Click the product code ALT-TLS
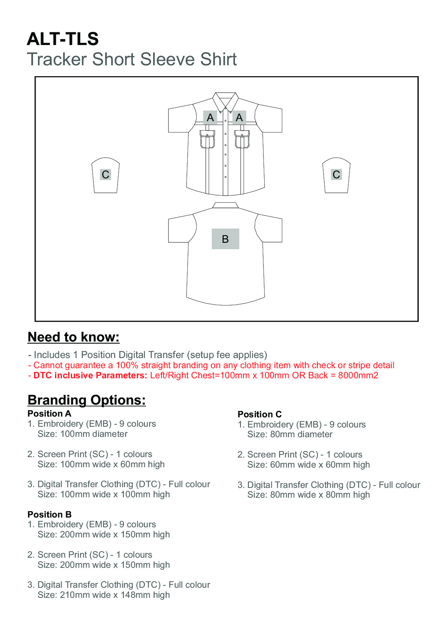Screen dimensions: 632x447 click(x=63, y=39)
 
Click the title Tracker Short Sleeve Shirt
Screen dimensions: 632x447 click(x=132, y=59)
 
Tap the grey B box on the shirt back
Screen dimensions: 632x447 click(x=225, y=239)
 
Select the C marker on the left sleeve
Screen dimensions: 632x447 click(x=105, y=175)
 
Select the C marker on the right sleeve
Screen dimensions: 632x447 click(x=336, y=175)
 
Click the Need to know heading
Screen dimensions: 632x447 click(x=74, y=337)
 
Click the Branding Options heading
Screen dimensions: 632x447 click(x=87, y=400)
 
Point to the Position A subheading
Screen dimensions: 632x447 click(x=49, y=414)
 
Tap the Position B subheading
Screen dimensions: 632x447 click(x=50, y=515)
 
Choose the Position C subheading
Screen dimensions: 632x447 click(x=259, y=414)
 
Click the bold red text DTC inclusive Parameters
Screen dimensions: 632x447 click(x=90, y=376)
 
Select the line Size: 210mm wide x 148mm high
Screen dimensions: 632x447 click(x=104, y=595)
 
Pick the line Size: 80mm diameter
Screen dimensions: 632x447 click(x=290, y=434)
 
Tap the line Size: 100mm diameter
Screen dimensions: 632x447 click(x=83, y=434)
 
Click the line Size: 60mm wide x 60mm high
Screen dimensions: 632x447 click(x=309, y=465)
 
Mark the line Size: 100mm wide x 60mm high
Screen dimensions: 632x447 click(x=101, y=464)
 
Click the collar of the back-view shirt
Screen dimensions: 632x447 click(x=225, y=205)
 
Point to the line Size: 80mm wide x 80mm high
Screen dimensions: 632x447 click(x=309, y=495)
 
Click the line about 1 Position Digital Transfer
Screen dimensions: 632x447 click(x=147, y=355)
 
